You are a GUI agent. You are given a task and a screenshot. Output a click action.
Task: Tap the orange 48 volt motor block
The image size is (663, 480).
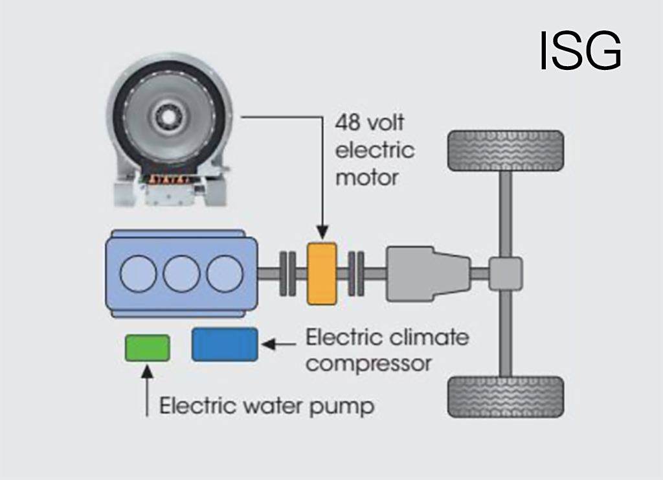pyautogui.click(x=322, y=273)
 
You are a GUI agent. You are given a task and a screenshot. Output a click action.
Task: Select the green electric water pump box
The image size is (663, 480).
pyautogui.click(x=148, y=347)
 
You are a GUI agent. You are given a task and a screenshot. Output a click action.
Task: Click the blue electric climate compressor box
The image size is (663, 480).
pyautogui.click(x=225, y=344)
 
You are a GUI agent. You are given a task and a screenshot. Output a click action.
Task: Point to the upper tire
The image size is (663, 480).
pyautogui.click(x=505, y=151)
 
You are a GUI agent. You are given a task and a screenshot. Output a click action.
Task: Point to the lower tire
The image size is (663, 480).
pyautogui.click(x=505, y=397)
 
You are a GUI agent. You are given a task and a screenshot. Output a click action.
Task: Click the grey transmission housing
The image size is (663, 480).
pyautogui.click(x=427, y=273)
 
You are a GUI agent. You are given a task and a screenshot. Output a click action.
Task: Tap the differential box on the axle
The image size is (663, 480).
pyautogui.click(x=505, y=273)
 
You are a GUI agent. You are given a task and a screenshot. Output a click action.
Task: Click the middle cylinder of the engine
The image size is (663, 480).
pyautogui.click(x=181, y=273)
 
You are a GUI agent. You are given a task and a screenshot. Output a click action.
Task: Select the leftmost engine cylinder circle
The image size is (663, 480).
pyautogui.click(x=139, y=273)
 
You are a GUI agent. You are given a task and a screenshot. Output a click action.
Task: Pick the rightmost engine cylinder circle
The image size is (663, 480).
pyautogui.click(x=225, y=273)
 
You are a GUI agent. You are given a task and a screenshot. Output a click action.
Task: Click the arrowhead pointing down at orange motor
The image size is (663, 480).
pyautogui.click(x=322, y=232)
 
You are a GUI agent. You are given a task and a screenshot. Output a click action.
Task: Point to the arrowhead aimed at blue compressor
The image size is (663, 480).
pyautogui.click(x=268, y=344)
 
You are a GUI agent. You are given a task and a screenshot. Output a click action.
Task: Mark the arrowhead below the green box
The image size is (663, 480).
pyautogui.click(x=148, y=371)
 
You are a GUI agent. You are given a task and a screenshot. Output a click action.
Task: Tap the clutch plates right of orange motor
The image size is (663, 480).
pyautogui.click(x=355, y=273)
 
